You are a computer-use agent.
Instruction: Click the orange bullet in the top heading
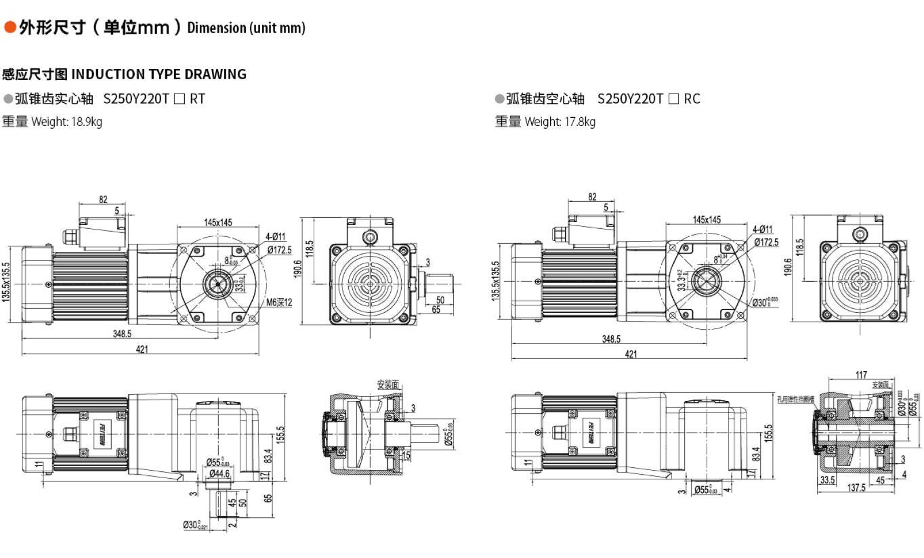click(x=9, y=27)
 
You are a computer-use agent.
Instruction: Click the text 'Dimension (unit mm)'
click(x=246, y=28)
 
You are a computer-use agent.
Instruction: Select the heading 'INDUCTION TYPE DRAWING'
click(x=159, y=74)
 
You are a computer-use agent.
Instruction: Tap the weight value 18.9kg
click(x=87, y=123)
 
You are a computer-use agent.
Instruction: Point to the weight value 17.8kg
click(x=580, y=123)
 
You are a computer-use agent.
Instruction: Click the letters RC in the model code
click(x=692, y=99)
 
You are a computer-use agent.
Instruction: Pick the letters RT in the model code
click(x=197, y=99)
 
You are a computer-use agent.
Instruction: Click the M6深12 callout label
click(x=278, y=302)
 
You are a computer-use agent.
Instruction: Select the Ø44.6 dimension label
click(x=218, y=473)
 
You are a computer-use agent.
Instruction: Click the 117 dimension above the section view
click(x=861, y=375)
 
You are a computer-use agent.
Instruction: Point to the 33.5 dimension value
click(x=827, y=480)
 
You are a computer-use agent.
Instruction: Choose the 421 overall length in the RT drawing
click(x=142, y=349)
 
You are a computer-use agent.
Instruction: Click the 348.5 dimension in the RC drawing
click(x=612, y=339)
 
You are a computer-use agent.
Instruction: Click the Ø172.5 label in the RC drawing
click(x=765, y=242)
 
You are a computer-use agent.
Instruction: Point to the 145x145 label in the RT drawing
click(x=218, y=222)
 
